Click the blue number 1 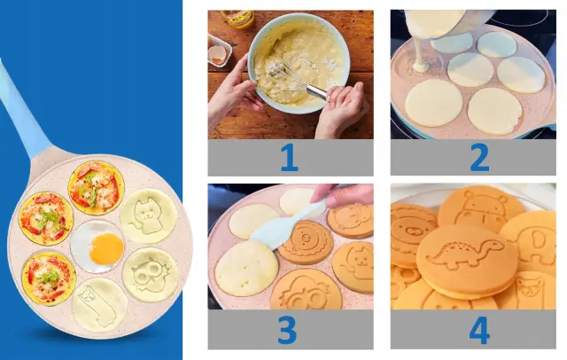click(x=290, y=157)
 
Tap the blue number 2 click(x=479, y=157)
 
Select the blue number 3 click(x=288, y=330)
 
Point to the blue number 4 click(x=479, y=331)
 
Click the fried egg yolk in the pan click(x=106, y=248)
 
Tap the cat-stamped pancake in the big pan click(x=149, y=216)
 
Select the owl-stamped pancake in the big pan click(x=151, y=275)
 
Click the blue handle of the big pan click(x=22, y=108)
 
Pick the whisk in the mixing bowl click(x=297, y=80)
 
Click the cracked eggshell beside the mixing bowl click(x=217, y=54)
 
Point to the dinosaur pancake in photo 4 click(x=467, y=260)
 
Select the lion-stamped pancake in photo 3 click(x=306, y=241)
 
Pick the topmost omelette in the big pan click(x=97, y=188)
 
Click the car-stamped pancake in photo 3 click(x=306, y=289)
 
